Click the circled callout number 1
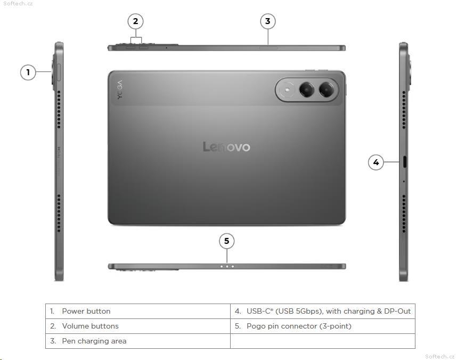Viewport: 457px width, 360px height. pos(28,72)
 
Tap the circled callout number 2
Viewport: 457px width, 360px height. pos(135,21)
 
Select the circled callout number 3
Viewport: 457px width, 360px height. pos(267,21)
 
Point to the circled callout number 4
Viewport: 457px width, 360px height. pos(376,162)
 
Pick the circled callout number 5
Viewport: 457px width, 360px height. pos(227,241)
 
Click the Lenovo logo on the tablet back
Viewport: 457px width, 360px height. pos(226,147)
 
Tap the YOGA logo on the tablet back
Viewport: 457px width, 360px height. pos(120,89)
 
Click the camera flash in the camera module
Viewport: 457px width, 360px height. pos(288,89)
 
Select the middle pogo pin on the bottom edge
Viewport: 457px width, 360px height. pos(227,266)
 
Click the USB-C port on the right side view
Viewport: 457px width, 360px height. pos(405,162)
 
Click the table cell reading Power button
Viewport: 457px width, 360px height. pos(138,312)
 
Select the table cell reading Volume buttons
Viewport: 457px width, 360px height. pos(138,326)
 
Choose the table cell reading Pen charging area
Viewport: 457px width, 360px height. pos(138,341)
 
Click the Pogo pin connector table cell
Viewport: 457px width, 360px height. pos(323,326)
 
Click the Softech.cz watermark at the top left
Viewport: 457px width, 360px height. pos(18,4)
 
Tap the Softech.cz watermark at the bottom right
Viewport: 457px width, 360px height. pos(440,356)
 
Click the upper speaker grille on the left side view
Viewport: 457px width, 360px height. pos(59,110)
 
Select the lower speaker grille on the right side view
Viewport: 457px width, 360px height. pos(404,214)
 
